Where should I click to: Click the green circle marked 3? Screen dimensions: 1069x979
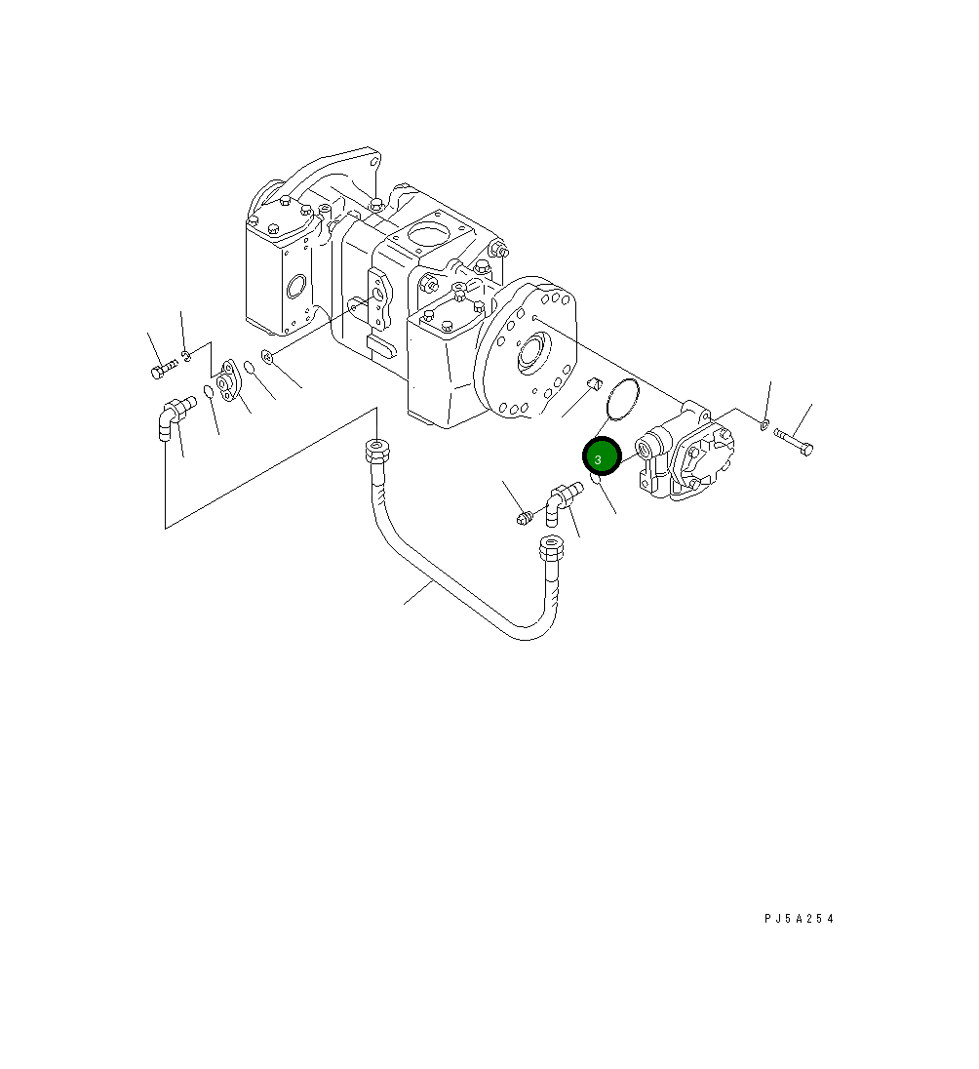pos(602,458)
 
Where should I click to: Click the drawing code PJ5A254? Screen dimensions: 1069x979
pos(800,919)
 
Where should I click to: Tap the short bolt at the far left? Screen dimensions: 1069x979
pos(164,369)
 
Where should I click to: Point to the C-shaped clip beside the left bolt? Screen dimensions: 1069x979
pos(187,354)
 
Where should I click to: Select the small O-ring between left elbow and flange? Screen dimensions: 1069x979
pos(209,392)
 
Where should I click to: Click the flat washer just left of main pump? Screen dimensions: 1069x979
pos(267,358)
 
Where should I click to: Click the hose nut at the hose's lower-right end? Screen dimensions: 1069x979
pos(551,546)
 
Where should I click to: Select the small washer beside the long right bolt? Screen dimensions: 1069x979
pos(764,423)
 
